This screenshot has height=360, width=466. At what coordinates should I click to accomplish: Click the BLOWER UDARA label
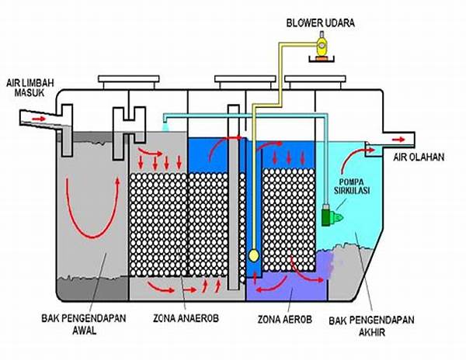click(319, 22)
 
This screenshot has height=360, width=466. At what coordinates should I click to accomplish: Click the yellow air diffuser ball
click(254, 255)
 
